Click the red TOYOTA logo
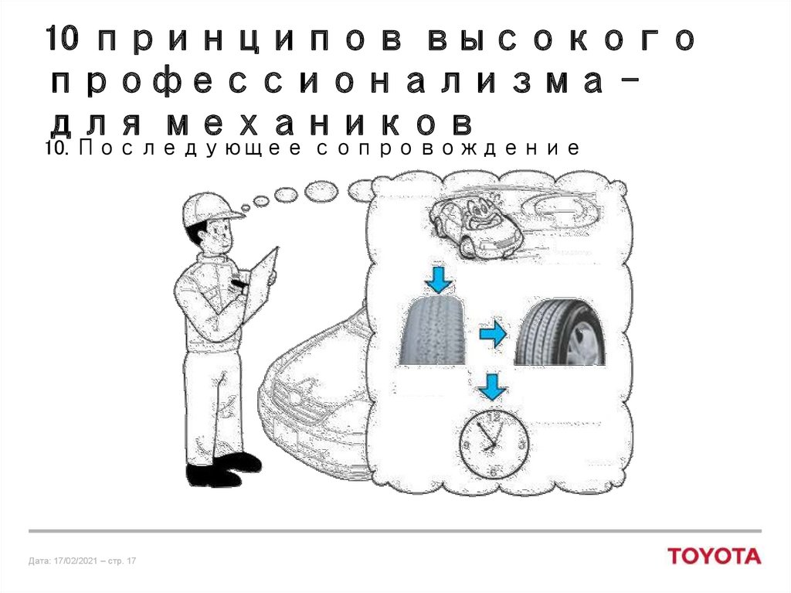(x=715, y=556)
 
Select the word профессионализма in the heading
(x=327, y=82)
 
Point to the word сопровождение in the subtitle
(x=449, y=148)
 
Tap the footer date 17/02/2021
(x=75, y=561)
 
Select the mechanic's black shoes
(x=223, y=470)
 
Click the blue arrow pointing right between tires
(x=492, y=333)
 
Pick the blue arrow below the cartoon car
(x=439, y=280)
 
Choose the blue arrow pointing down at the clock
(x=492, y=387)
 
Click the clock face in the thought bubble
(x=494, y=443)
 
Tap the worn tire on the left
(x=433, y=330)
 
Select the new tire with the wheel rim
(x=560, y=332)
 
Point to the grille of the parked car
(x=300, y=404)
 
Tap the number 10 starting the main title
(x=63, y=39)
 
